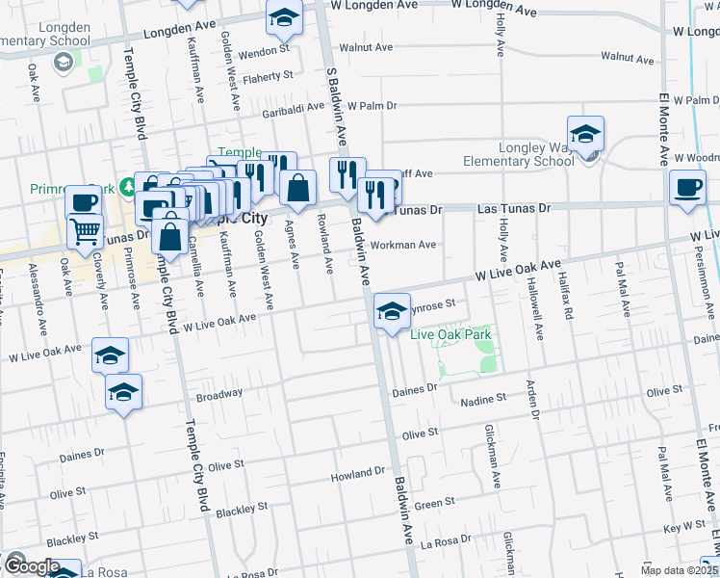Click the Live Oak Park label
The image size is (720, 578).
451,334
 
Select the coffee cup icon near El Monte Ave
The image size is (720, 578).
687,188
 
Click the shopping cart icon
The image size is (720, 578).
86,231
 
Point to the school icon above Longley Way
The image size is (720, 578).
584,136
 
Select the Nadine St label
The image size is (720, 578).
482,399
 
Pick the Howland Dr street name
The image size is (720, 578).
357,475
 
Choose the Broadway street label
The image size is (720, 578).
219,394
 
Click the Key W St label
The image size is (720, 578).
685,528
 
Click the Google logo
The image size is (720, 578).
30,567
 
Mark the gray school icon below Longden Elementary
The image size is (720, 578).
64,63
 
